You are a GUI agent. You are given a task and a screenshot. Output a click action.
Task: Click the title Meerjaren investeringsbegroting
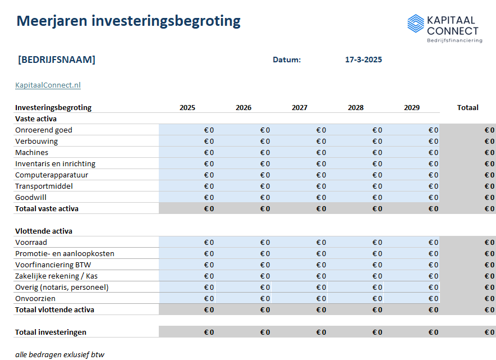click(128, 21)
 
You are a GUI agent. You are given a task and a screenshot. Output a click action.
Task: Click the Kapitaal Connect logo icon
click(416, 24)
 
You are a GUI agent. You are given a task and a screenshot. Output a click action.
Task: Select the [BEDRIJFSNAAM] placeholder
click(56, 60)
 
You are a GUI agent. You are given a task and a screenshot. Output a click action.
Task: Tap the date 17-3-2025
click(364, 60)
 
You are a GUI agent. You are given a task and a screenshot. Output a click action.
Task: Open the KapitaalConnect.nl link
click(48, 85)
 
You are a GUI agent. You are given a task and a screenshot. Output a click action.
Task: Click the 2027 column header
click(300, 108)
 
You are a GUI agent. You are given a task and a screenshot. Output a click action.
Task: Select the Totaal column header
click(467, 108)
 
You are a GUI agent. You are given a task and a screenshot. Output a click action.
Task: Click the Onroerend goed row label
click(44, 130)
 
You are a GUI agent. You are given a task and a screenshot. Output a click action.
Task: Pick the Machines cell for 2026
click(244, 153)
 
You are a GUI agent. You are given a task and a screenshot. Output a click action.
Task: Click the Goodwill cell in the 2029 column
click(412, 198)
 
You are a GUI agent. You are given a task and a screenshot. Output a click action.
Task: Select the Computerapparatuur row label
click(52, 175)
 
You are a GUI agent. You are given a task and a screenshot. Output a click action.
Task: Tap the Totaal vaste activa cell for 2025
click(187, 209)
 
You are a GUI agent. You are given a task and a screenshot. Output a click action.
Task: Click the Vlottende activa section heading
click(44, 231)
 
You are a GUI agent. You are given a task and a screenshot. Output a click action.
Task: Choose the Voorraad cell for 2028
click(356, 243)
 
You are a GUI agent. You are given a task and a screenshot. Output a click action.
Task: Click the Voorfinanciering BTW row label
click(57, 265)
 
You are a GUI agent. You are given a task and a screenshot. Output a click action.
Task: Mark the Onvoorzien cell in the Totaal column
click(468, 299)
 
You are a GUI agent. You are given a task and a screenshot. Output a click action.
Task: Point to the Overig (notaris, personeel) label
click(62, 288)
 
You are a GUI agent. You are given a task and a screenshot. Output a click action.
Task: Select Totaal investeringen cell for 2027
click(300, 332)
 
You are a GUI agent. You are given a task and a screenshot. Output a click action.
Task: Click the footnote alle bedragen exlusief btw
click(59, 354)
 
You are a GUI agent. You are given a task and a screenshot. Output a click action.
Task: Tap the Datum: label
click(287, 60)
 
